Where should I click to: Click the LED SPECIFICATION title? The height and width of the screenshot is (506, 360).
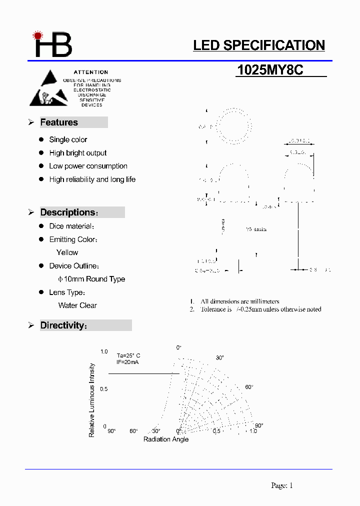(x=259, y=45)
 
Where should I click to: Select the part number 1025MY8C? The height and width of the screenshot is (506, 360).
(x=270, y=70)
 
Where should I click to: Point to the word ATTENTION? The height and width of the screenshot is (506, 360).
(x=91, y=72)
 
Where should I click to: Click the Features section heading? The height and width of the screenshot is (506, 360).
(x=59, y=122)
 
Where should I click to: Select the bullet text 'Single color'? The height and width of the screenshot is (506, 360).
(x=68, y=139)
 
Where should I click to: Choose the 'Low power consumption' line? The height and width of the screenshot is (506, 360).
(x=88, y=166)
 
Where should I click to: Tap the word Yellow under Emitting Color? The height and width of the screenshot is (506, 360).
(x=67, y=252)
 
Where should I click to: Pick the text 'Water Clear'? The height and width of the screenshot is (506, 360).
(x=77, y=305)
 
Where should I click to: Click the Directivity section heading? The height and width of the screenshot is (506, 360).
(x=63, y=325)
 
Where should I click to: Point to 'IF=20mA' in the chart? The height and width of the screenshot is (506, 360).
(x=127, y=361)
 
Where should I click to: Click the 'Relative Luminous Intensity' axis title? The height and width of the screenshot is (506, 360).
(x=92, y=400)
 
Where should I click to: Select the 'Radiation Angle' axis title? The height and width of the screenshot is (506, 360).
(x=166, y=439)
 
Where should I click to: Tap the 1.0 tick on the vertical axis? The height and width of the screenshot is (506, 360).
(x=104, y=352)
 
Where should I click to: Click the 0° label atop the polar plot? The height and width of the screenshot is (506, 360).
(x=179, y=347)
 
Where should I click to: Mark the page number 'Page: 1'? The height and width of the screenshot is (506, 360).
(x=282, y=485)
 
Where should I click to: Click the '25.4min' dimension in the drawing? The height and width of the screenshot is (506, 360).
(x=256, y=229)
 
